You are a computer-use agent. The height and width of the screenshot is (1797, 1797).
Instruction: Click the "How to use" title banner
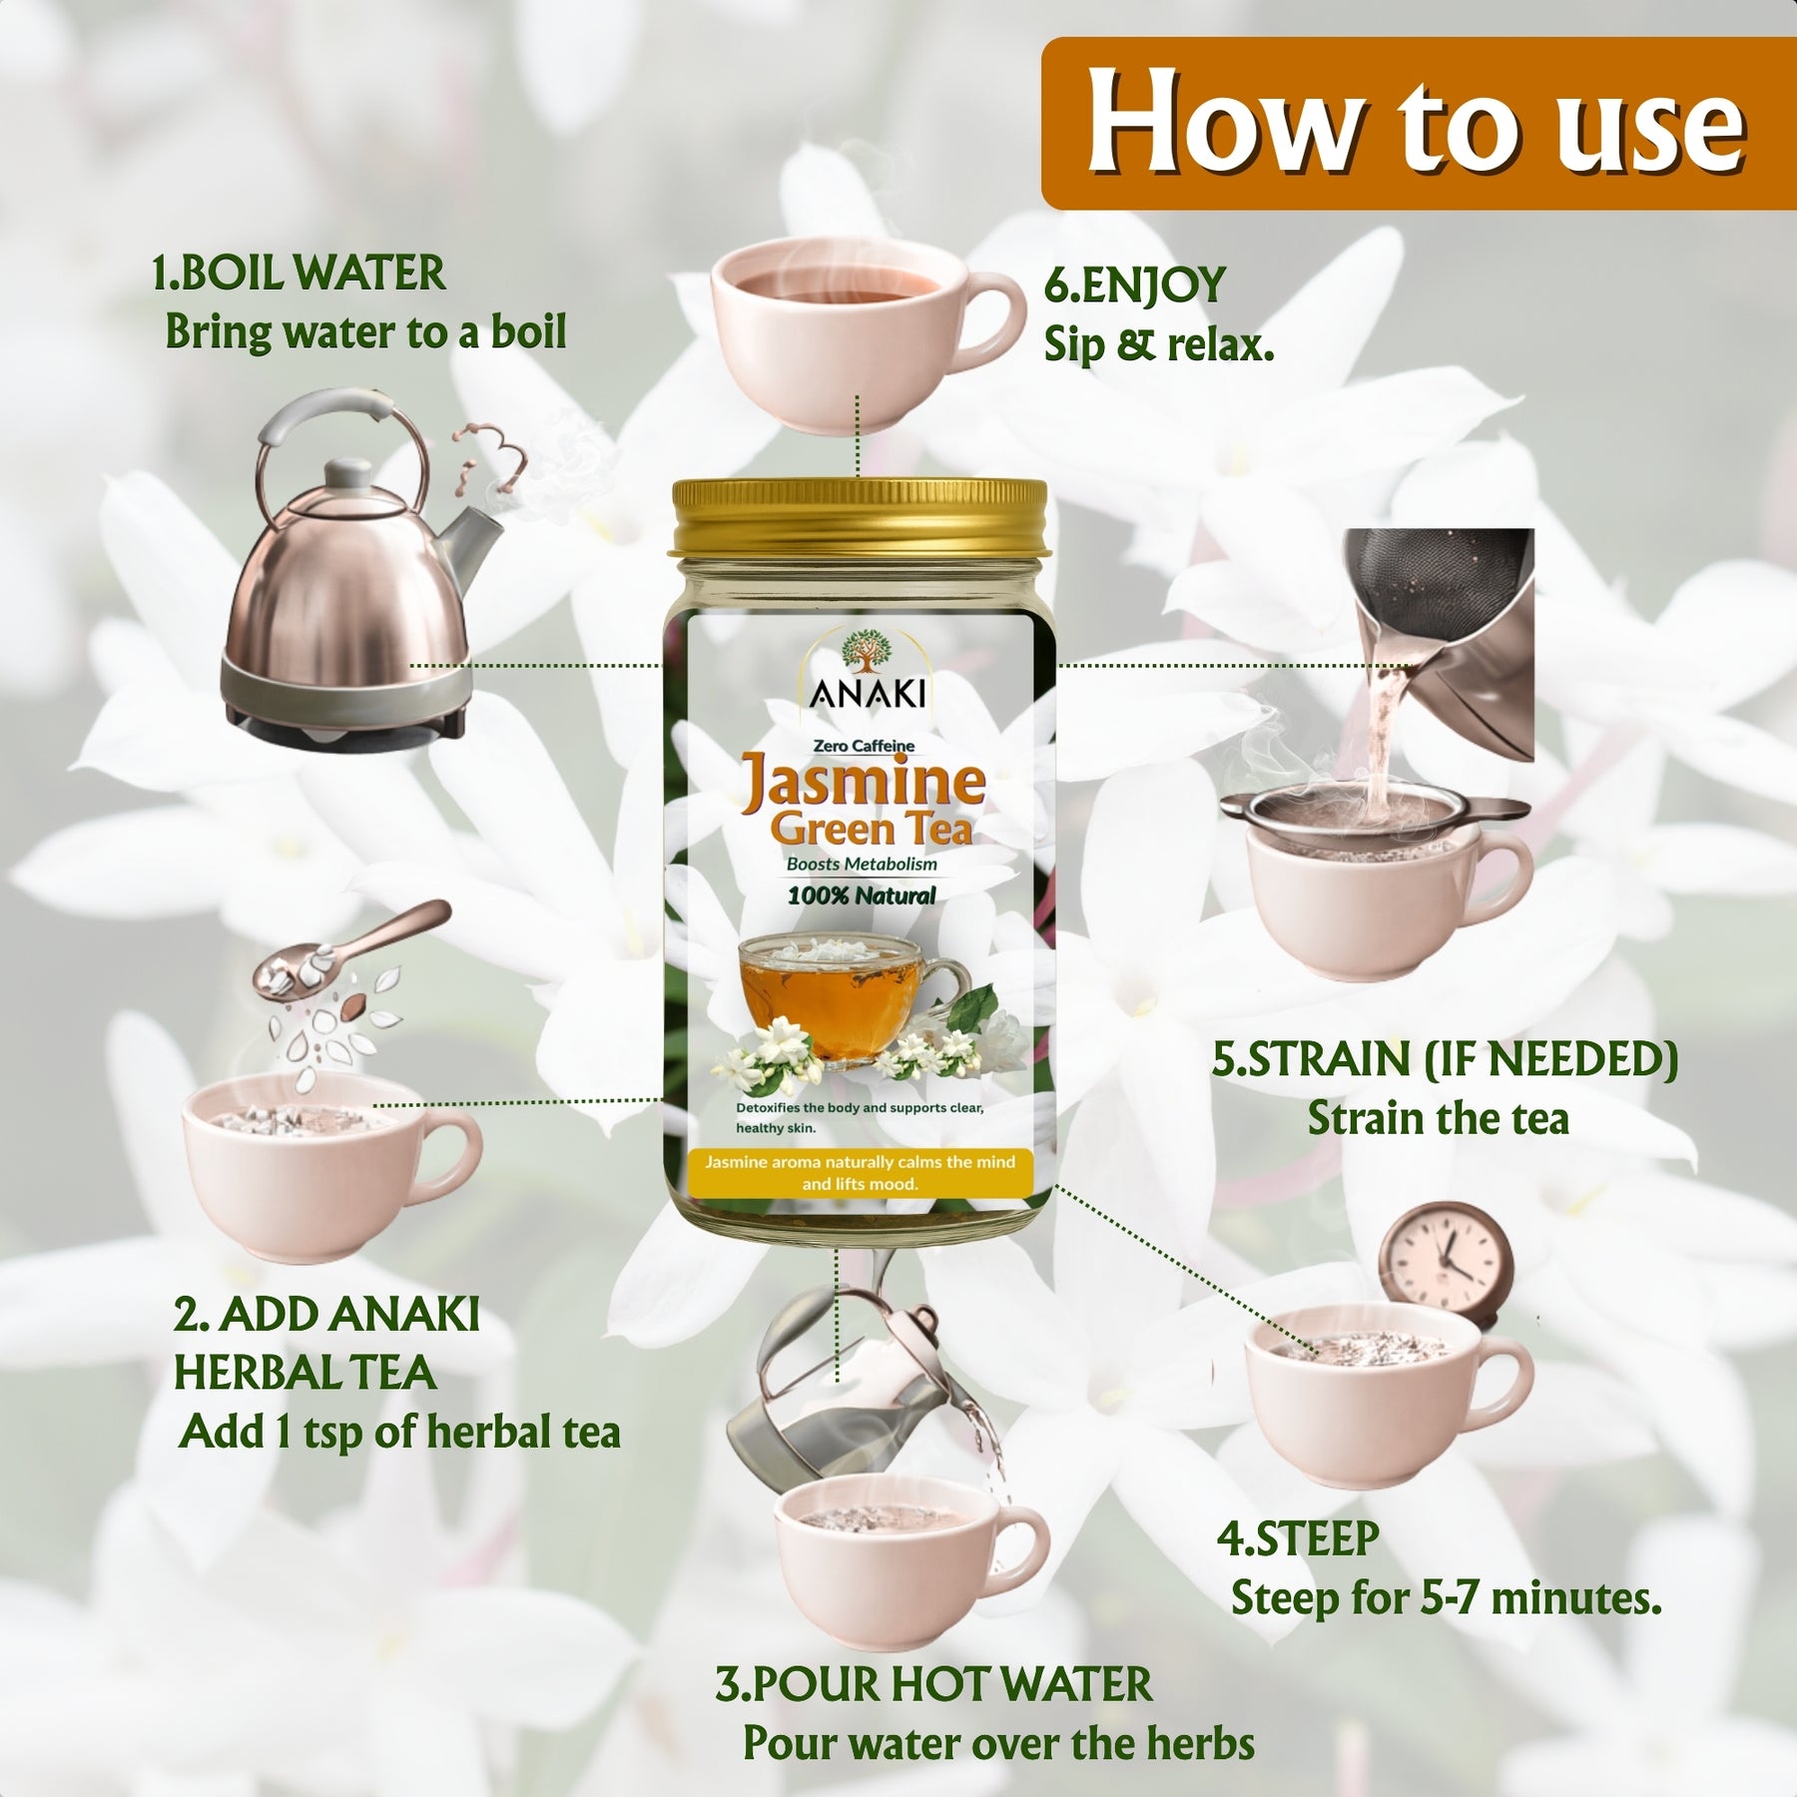tap(1418, 123)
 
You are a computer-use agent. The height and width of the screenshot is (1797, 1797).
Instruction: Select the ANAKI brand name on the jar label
tap(868, 693)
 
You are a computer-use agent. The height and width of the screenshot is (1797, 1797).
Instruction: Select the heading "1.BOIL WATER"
tap(299, 274)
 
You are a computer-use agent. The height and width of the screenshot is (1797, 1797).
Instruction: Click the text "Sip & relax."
tap(1159, 345)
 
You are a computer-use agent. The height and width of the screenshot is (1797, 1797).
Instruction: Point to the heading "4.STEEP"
tap(1297, 1538)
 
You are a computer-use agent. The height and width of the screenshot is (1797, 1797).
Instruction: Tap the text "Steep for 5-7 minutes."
tap(1446, 1598)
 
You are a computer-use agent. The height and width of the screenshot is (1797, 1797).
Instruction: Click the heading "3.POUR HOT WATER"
tap(933, 1684)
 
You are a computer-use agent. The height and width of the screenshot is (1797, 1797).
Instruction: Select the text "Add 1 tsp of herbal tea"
tap(399, 1432)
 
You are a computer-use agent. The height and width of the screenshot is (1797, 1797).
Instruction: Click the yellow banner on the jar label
tap(860, 1173)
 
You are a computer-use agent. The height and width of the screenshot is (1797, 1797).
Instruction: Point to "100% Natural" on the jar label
tap(862, 896)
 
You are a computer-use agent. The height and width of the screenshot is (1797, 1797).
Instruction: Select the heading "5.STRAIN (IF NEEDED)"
tap(1445, 1059)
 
